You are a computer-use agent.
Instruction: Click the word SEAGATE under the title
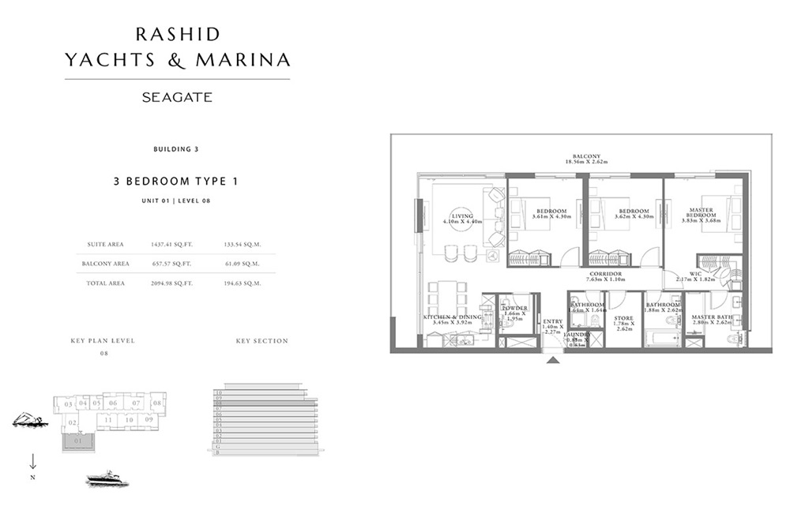tap(177, 98)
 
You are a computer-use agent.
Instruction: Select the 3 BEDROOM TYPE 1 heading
tap(175, 181)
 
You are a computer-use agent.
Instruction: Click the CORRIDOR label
tap(604, 274)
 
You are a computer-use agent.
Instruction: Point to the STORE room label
tap(624, 319)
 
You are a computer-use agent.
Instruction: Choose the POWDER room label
tap(514, 309)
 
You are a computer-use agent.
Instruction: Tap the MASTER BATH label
tap(712, 318)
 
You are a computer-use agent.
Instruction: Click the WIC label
tap(696, 274)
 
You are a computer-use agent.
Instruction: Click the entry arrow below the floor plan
tap(553, 360)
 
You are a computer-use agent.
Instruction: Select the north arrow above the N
tap(33, 462)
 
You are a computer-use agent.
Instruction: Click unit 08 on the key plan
tap(157, 403)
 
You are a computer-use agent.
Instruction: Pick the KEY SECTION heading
tap(261, 341)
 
